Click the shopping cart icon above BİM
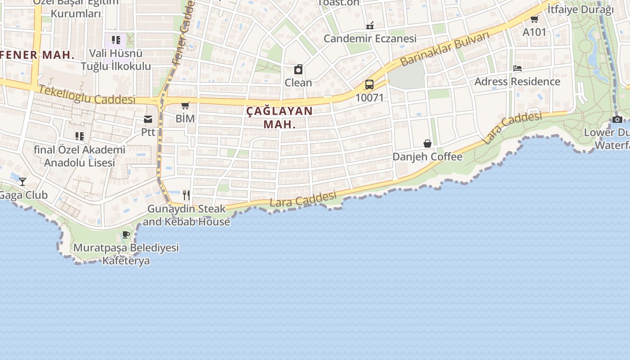coord(185,106)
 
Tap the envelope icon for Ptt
coord(148,119)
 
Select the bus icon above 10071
coord(369,85)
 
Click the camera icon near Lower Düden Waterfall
coord(617,119)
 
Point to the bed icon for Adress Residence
coord(517,68)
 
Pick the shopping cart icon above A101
coord(534,19)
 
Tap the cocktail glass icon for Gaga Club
coord(22,182)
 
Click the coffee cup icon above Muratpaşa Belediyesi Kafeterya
coord(126,234)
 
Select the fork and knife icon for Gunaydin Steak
coord(186,195)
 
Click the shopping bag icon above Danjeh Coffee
coord(427,144)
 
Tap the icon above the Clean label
coord(298,69)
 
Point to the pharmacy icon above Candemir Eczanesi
coord(370,25)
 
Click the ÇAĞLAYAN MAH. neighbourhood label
coord(279,117)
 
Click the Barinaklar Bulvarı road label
coord(444,49)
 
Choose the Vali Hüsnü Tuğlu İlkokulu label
coord(116,60)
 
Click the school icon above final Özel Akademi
coord(80,136)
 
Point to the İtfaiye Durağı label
coord(580,9)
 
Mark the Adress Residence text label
coord(517,81)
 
